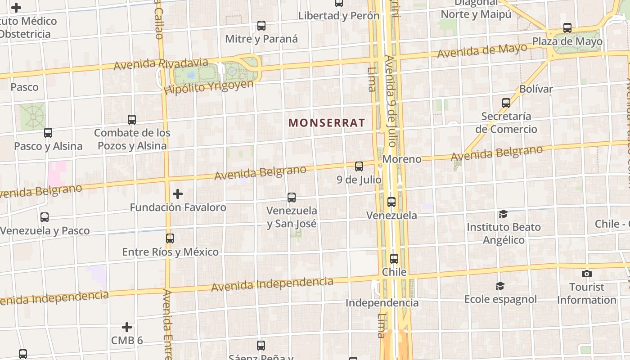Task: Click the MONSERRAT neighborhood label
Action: click(327, 122)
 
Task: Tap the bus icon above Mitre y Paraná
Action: click(261, 26)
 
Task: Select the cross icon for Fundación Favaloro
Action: click(178, 194)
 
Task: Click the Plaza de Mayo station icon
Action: click(567, 28)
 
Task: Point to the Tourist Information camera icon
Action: click(586, 274)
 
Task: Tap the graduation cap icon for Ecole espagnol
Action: click(500, 286)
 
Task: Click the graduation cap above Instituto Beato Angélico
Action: click(503, 214)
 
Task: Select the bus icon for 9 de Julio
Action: click(359, 166)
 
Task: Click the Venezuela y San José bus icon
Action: click(292, 198)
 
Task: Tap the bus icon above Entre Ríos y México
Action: click(170, 238)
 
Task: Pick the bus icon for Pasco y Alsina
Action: click(48, 133)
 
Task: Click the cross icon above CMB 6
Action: click(127, 327)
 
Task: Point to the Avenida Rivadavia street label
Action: click(161, 64)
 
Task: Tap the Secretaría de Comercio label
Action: click(506, 123)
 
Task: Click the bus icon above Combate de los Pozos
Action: click(132, 120)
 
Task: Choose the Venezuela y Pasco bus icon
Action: click(45, 217)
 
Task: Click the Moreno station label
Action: click(402, 159)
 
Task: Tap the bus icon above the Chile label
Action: click(394, 259)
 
